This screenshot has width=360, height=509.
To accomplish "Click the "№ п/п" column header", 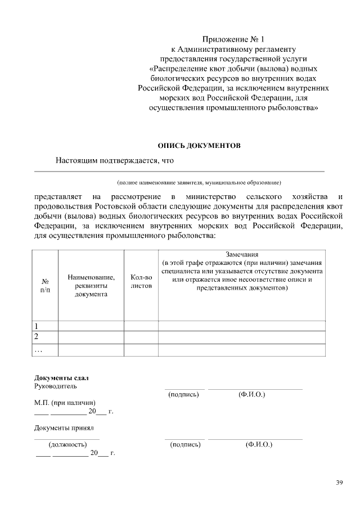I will (46, 285).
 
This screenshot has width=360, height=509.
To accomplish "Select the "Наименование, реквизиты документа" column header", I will (91, 285).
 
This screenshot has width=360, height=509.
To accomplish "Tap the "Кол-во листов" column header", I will (141, 281).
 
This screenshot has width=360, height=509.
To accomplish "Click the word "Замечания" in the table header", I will (242, 254).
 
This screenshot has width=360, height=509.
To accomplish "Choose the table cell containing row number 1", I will (46, 326).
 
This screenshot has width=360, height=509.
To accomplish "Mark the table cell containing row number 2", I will (46, 337).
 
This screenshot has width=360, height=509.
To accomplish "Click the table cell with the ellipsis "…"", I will (46, 350).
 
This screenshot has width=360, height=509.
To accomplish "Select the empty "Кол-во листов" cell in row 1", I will (141, 326).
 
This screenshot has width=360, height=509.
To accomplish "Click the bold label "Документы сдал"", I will (61, 377).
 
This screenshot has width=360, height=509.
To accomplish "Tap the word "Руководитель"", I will (56, 386).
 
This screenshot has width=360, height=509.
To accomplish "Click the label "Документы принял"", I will (64, 429).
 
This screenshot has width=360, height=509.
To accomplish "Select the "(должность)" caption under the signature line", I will (67, 444).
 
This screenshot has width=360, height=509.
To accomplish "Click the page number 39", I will (339, 483).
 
